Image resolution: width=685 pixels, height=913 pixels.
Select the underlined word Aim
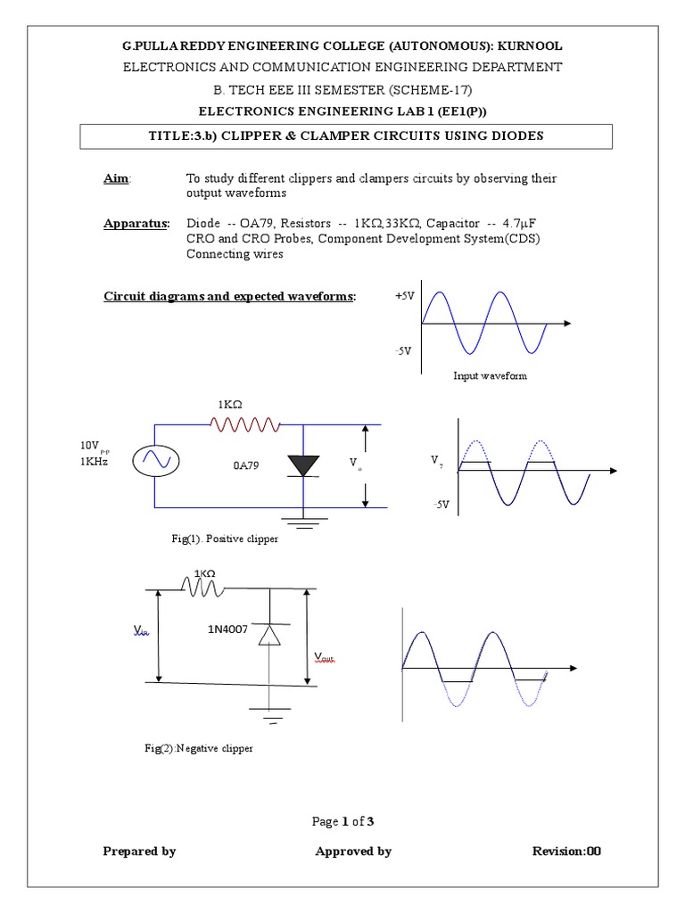[x=116, y=179]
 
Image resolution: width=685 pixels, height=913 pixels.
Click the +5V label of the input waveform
[x=404, y=296]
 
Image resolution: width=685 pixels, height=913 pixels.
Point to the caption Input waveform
[x=490, y=376]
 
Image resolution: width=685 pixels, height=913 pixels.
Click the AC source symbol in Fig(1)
[x=156, y=460]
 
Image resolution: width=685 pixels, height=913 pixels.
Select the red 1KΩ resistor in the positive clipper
[x=244, y=425]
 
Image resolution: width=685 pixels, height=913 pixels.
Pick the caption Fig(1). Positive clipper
[x=225, y=539]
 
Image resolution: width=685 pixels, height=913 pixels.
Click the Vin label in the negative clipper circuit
[x=142, y=630]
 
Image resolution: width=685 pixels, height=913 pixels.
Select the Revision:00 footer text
[x=566, y=851]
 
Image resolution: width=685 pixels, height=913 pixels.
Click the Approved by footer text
[x=353, y=851]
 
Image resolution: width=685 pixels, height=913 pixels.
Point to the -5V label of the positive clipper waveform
[x=440, y=505]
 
